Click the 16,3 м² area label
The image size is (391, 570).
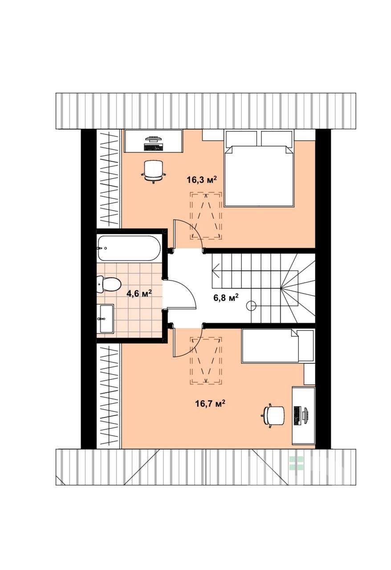202,179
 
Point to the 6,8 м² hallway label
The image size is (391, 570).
226,297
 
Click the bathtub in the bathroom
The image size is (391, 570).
129,248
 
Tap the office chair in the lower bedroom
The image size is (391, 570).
273,416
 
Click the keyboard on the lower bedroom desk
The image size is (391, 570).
297,416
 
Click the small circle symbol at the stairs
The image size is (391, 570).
252,306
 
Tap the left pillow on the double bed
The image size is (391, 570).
241,138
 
